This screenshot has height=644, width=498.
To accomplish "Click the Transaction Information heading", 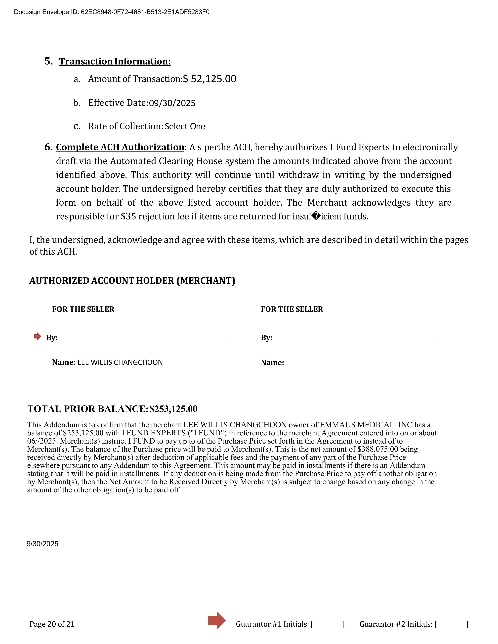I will coord(115,61).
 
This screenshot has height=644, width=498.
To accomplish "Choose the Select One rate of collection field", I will coord(185,126).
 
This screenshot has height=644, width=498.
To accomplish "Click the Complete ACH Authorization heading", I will coord(120,147).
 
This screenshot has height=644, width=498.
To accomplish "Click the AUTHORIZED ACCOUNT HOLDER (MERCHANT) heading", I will coord(132,281).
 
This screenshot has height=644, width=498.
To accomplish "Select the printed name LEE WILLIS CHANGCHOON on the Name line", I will coord(120,362).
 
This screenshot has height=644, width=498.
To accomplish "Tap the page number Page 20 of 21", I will coord(52,624).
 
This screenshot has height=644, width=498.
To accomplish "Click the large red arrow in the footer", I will coord(217,620).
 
